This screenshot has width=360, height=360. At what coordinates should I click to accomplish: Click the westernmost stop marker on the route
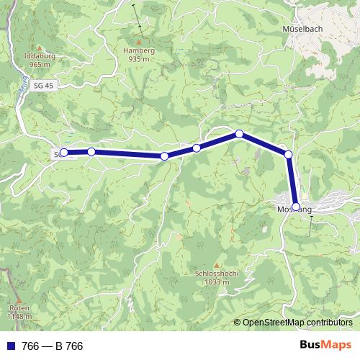tap(63, 153)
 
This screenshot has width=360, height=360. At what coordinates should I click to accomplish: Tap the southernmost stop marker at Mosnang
tap(295, 206)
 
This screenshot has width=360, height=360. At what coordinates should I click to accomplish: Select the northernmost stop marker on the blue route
tap(239, 134)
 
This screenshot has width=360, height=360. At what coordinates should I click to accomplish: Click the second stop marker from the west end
tap(91, 151)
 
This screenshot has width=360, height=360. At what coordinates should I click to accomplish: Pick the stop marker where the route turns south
tap(288, 154)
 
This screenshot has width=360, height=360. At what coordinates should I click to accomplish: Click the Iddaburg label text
tap(39, 56)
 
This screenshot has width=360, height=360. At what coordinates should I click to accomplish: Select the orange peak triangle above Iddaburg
tap(39, 48)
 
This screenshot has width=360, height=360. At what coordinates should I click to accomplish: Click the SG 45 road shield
tap(44, 85)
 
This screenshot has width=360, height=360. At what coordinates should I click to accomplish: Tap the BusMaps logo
tap(325, 346)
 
